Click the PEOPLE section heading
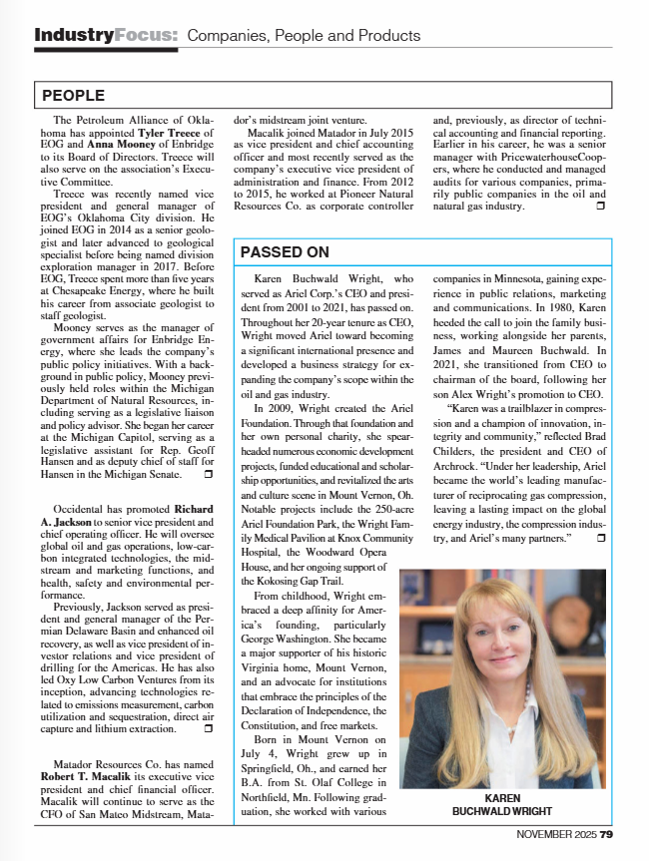73,96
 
